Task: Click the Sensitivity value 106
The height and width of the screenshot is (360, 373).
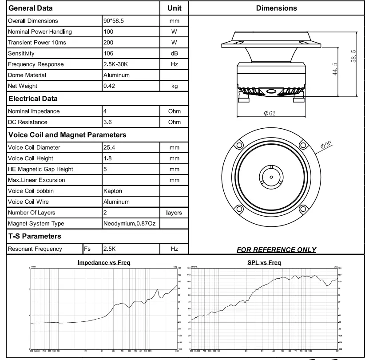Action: click(x=108, y=53)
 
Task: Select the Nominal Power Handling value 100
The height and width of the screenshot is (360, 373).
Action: click(x=108, y=32)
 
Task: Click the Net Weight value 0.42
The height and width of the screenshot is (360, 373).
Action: click(x=109, y=86)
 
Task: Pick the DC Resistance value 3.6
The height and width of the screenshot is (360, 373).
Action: click(x=107, y=122)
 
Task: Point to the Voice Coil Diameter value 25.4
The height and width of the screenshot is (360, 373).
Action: click(x=109, y=147)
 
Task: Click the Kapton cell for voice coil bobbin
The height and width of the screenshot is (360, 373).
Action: click(x=112, y=191)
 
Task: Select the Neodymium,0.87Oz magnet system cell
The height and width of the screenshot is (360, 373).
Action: click(x=129, y=223)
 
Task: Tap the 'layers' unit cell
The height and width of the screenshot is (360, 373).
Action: click(x=174, y=213)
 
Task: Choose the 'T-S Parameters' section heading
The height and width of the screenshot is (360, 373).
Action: click(x=34, y=236)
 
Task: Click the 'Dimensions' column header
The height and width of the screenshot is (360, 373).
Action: click(x=277, y=8)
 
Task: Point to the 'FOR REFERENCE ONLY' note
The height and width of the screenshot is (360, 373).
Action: click(x=276, y=249)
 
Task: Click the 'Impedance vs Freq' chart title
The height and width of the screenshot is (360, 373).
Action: click(x=104, y=263)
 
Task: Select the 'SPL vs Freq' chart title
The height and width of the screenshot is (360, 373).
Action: click(x=264, y=263)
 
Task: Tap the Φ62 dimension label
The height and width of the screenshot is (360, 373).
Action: click(x=270, y=114)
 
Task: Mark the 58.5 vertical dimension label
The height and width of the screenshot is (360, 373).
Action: click(x=353, y=57)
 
